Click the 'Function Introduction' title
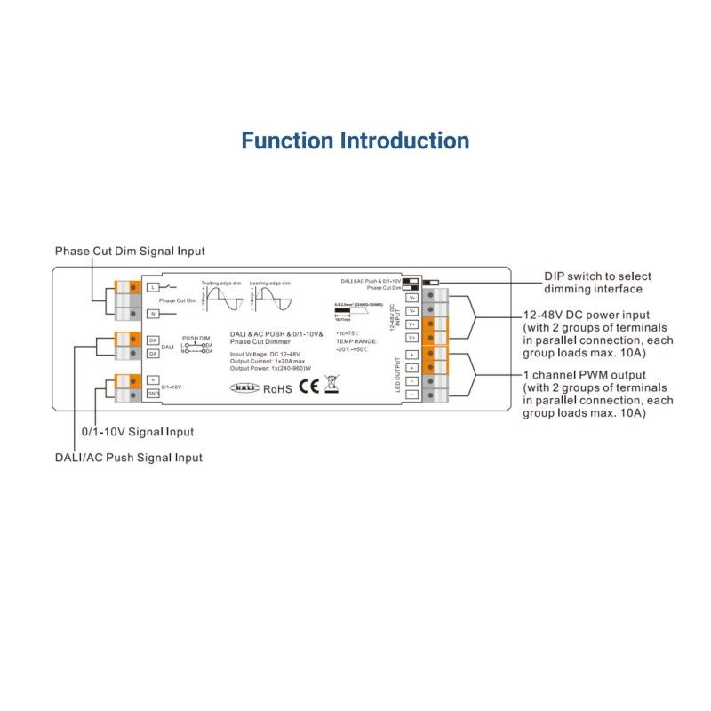click(355, 140)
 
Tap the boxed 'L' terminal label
click(153, 287)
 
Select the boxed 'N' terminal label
click(153, 314)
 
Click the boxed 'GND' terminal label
click(153, 393)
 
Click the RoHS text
click(277, 387)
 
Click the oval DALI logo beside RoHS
click(244, 388)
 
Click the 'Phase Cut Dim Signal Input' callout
click(130, 252)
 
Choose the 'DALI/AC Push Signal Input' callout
click(130, 458)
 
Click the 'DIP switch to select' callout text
click(598, 276)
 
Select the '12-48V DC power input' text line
click(587, 316)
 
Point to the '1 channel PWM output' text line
click(585, 375)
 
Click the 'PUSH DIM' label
click(196, 339)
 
